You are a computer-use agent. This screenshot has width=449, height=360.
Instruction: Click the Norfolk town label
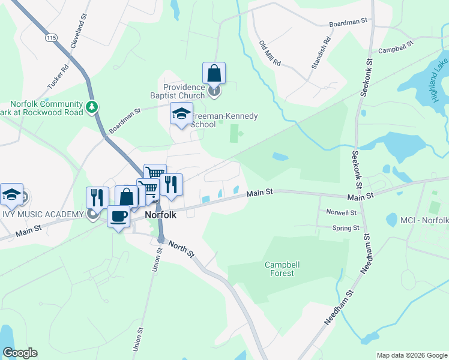(x=160, y=215)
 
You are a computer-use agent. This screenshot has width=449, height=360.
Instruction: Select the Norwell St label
(x=342, y=212)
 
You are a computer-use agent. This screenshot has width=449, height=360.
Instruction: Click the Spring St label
(x=346, y=228)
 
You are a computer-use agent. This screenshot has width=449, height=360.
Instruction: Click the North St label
(x=181, y=248)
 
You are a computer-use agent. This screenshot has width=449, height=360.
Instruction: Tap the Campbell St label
(x=396, y=46)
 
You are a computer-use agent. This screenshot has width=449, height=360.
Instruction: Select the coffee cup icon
(x=119, y=216)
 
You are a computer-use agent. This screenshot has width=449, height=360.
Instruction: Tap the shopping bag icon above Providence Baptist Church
(x=214, y=73)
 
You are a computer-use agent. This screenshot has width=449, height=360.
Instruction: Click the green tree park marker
(x=91, y=107)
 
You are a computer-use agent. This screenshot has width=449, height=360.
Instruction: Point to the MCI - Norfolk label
(x=424, y=221)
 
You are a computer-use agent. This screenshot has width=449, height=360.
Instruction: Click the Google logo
(x=20, y=353)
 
